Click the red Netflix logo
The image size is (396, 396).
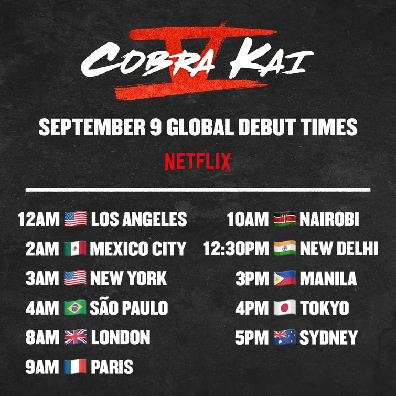click(198, 161)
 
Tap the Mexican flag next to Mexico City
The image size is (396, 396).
click(74, 249)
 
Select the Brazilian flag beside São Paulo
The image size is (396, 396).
click(74, 308)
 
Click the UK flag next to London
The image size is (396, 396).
click(75, 337)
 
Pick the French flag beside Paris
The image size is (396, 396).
click(75, 367)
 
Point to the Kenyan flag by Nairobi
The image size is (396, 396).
click(284, 219)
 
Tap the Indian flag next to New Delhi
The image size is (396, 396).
click(284, 249)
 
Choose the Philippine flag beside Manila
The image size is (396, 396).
click(284, 279)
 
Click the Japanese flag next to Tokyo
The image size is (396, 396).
click(284, 308)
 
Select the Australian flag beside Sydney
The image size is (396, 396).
click(284, 337)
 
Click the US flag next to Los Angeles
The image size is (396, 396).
click(75, 219)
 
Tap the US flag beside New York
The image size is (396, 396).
click(75, 279)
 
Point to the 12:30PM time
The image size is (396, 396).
click(236, 249)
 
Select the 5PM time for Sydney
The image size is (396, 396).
click(252, 337)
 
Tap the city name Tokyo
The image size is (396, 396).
click(324, 308)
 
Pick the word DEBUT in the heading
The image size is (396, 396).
click(265, 127)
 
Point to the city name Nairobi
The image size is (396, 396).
click(329, 219)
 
